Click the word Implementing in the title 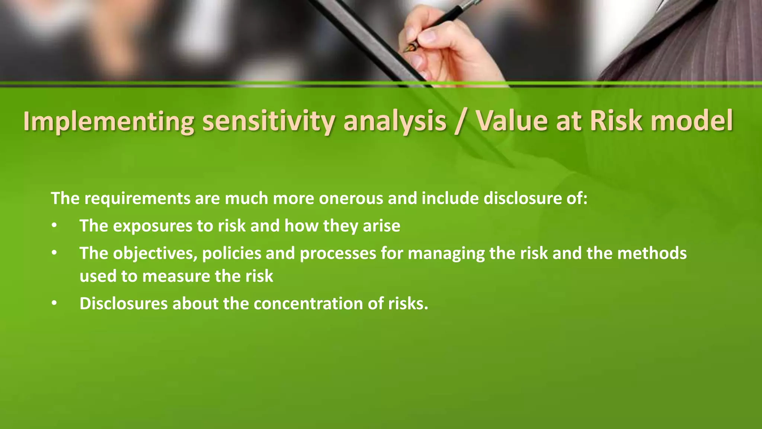pos(108,121)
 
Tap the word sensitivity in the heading pos(268,121)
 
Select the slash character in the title pos(461,121)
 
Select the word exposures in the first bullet pos(153,226)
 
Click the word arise pos(381,226)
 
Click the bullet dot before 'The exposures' pos(54,226)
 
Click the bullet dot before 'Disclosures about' pos(54,304)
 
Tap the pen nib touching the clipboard pos(411,48)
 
